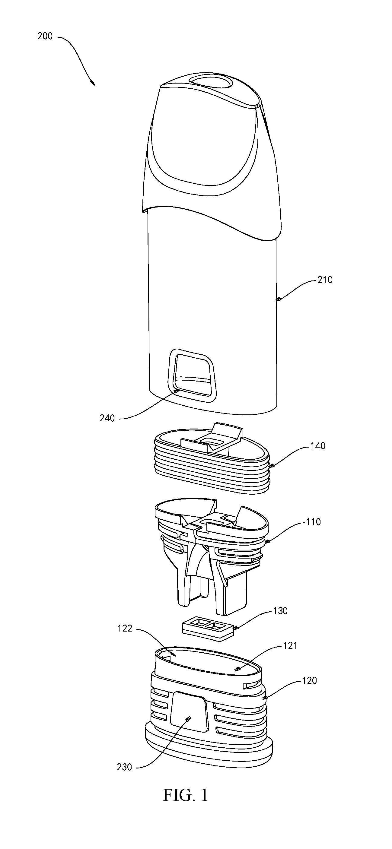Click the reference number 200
tap(45, 36)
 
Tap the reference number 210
tap(325, 280)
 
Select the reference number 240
tap(107, 418)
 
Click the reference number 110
tap(313, 522)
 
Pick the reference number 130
tap(280, 601)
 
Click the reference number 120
tap(309, 671)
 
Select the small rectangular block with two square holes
tap(208, 625)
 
